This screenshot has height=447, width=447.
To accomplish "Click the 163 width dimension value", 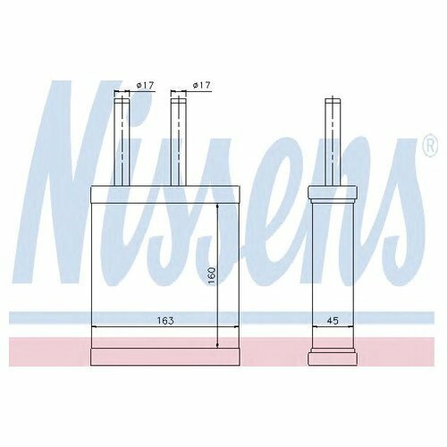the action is coord(165,321).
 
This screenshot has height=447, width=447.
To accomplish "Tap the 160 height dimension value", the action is coord(211,275).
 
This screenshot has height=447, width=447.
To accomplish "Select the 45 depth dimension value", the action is coord(333,321).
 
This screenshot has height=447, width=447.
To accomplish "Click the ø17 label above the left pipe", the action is coord(145,86).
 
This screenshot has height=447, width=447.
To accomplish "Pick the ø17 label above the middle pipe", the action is coord(201,86).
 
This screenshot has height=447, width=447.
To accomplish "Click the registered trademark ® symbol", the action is coord(431,145).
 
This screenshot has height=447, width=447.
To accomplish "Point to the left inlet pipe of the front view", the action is coord(122,142).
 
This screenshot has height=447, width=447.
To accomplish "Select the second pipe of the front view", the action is coord(178,142).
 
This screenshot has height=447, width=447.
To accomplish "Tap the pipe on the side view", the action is coord(333,142).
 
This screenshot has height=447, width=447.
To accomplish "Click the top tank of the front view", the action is coord(164,195).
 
